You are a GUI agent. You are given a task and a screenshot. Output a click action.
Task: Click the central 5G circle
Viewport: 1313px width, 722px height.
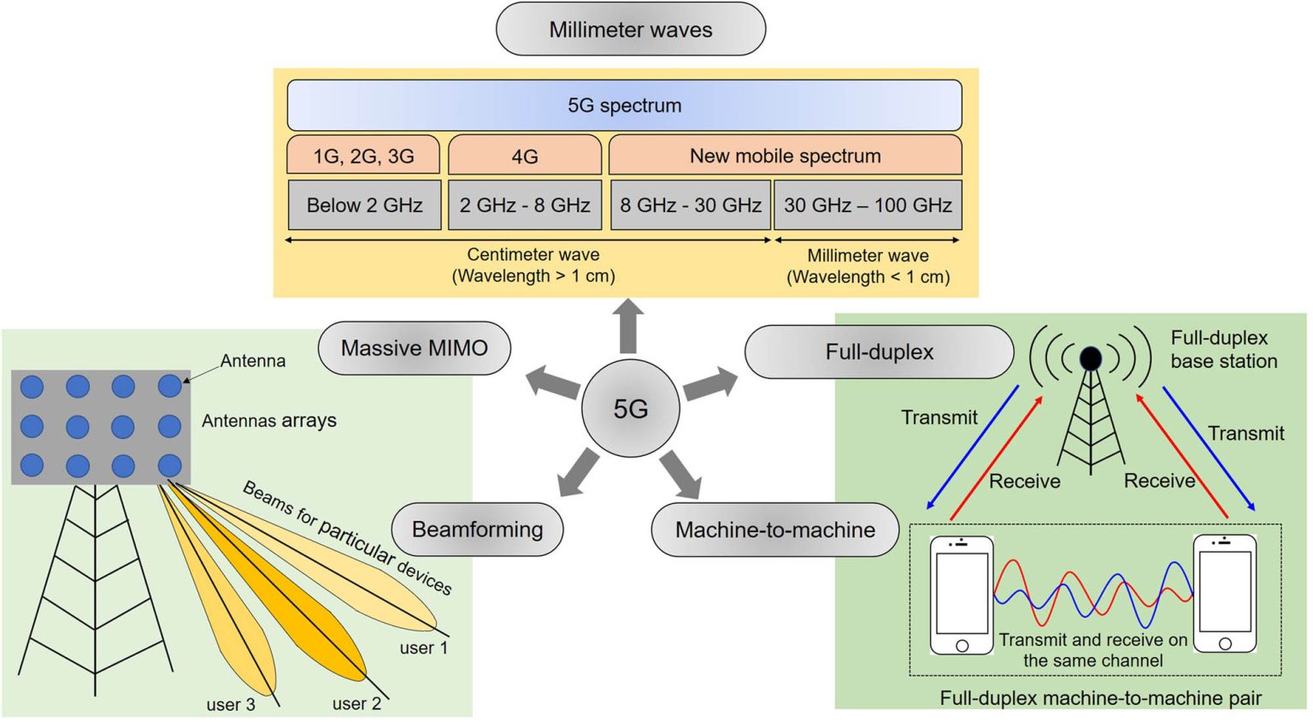click(630, 409)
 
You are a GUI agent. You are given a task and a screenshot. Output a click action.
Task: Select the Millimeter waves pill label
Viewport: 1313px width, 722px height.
click(630, 30)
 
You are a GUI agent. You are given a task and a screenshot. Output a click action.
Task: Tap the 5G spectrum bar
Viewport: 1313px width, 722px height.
click(624, 105)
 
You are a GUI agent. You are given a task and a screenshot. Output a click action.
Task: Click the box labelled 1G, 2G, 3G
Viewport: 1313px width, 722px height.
click(363, 156)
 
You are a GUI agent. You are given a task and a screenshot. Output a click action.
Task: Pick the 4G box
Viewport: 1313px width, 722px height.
click(524, 156)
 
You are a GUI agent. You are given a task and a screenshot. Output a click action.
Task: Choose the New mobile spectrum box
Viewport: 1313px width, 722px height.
click(785, 156)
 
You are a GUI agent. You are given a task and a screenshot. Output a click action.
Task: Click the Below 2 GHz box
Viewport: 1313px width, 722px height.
click(364, 205)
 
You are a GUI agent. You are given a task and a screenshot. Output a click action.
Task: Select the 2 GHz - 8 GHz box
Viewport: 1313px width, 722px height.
click(524, 205)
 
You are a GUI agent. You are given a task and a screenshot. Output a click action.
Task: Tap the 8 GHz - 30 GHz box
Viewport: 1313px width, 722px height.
click(690, 205)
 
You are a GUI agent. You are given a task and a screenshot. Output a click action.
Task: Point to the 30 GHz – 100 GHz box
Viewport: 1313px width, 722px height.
click(868, 205)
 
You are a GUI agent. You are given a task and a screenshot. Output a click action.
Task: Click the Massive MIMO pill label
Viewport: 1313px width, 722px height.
click(414, 348)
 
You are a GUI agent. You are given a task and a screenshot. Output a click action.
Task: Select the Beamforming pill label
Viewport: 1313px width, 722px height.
click(477, 530)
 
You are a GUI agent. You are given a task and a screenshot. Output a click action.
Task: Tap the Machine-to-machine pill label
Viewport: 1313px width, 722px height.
click(774, 530)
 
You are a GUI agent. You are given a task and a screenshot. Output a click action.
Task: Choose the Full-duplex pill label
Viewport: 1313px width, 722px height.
click(879, 352)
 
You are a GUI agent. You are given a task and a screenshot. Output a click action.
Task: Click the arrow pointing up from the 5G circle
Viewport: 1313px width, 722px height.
click(628, 325)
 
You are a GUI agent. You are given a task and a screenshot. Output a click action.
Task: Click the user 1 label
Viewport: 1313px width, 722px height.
click(423, 648)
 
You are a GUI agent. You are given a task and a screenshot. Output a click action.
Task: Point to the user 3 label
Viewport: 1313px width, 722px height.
click(230, 705)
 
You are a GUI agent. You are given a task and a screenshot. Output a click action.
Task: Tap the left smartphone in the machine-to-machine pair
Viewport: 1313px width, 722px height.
click(962, 595)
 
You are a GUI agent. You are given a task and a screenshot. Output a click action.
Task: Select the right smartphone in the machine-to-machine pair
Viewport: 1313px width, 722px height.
click(1224, 595)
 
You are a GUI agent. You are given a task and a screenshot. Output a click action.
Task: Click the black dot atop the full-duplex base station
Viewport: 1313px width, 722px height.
click(1091, 358)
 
